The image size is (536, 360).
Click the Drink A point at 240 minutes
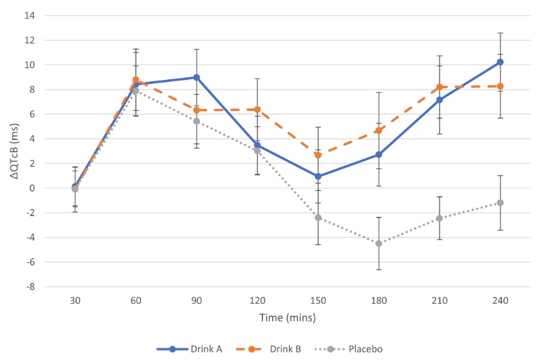[x=501, y=62]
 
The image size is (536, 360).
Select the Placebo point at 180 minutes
[x=379, y=243]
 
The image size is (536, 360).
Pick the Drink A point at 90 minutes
[x=197, y=77]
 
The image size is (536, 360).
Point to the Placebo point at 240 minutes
[x=501, y=203]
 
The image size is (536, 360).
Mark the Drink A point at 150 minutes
[x=318, y=176]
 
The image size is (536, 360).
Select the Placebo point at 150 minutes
[x=318, y=217]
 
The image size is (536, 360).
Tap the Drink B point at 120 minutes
[x=257, y=110]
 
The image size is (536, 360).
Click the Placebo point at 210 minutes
[x=440, y=218]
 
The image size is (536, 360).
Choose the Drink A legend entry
[x=190, y=349]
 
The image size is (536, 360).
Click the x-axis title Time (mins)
[x=288, y=318]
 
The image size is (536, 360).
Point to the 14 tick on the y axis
[x=30, y=15]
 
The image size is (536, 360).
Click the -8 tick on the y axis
[x=30, y=287]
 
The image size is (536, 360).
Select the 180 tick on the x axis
[x=379, y=301]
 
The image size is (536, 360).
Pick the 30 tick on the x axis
[x=75, y=301]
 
